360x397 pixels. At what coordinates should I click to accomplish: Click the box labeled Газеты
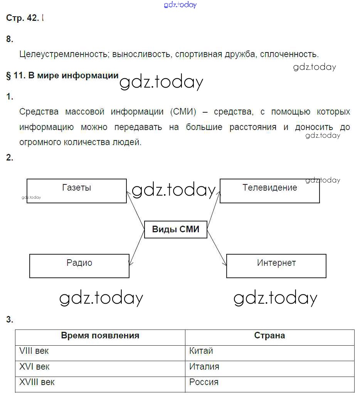(x=76, y=191)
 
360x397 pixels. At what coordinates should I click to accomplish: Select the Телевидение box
(x=269, y=191)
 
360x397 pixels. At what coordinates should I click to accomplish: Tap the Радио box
(x=79, y=265)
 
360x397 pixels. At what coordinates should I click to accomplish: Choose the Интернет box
(x=276, y=265)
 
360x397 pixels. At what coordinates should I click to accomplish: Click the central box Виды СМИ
(x=176, y=230)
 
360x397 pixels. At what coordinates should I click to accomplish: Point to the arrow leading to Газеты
(x=136, y=206)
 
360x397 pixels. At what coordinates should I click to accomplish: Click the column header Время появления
(x=100, y=336)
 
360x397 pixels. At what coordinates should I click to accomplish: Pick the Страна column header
(x=269, y=336)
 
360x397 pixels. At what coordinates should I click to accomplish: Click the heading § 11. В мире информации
(x=62, y=76)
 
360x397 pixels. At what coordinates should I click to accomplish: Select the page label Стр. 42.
(x=22, y=18)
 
